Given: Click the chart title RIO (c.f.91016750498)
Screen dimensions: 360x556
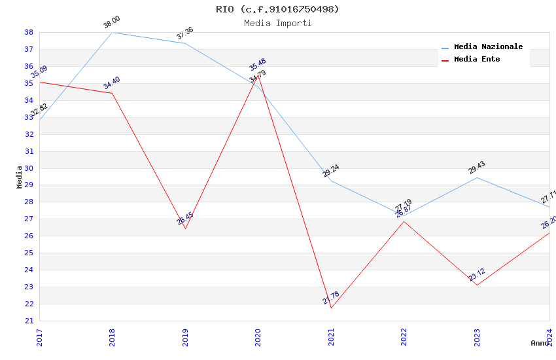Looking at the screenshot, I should click(277, 9).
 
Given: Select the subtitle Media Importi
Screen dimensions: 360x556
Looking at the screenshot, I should click(277, 23).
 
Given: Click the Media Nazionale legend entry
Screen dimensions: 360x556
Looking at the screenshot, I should click(488, 47).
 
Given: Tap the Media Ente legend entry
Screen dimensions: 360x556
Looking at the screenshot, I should click(477, 60).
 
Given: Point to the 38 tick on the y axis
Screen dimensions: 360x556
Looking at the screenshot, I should click(29, 32).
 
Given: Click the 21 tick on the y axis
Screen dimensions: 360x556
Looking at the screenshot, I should click(29, 321).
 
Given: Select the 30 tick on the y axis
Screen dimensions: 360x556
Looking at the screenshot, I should click(29, 168).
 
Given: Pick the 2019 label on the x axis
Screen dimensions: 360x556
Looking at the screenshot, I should click(185, 338).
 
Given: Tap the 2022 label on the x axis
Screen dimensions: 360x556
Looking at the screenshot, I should click(404, 338).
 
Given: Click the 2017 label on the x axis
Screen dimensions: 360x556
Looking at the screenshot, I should click(39, 338).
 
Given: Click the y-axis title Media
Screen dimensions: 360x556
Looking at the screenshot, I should click(19, 177).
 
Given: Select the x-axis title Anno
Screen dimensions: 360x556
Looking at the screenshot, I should click(540, 343).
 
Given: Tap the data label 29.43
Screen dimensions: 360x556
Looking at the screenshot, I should click(477, 168).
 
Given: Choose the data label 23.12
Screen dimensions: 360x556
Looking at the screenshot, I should click(477, 275).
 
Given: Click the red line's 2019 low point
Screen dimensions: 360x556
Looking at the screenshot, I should click(185, 228).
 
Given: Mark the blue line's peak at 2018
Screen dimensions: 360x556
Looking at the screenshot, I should click(112, 32).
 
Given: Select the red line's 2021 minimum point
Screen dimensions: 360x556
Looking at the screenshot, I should click(331, 308).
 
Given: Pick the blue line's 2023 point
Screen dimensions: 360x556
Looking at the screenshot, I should click(477, 177).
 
